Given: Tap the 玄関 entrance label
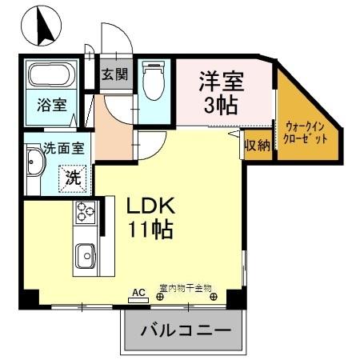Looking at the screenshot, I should click(113, 76).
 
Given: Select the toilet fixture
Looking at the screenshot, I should click(153, 80).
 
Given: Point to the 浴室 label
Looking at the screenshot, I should click(50, 106).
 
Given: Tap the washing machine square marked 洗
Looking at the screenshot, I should click(73, 177).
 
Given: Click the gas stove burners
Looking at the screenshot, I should click(85, 214).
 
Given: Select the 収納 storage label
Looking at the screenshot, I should click(257, 146).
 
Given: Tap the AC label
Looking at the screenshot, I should click(138, 293).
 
